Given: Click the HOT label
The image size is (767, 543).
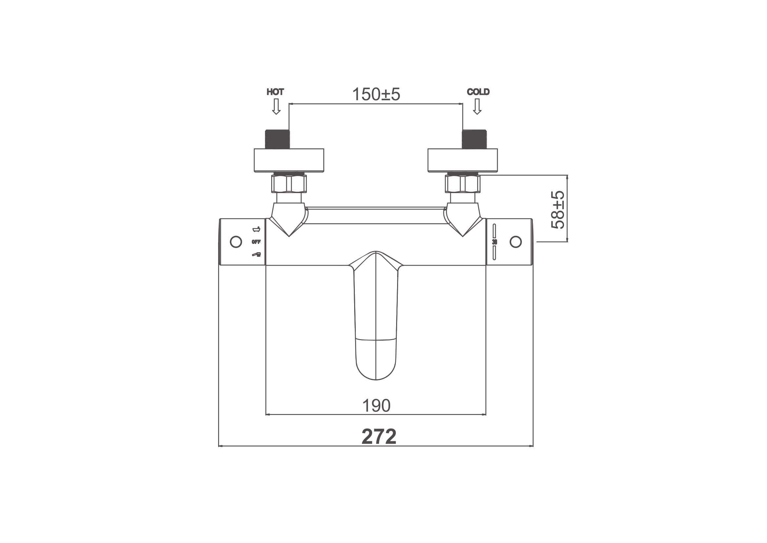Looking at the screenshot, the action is point(275,92).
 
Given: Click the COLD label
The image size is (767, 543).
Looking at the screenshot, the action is point(478,92).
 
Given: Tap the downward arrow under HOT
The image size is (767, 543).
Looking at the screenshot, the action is point(276,106).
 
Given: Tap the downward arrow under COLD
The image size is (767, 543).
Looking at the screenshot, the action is point(477,106).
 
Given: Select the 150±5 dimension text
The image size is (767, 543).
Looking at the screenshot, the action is point(376,94).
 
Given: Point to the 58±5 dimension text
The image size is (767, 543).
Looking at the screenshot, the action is point(557,210).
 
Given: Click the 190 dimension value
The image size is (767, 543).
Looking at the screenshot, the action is point(376,405).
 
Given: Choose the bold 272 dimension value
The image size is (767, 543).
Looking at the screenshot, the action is point(379,436).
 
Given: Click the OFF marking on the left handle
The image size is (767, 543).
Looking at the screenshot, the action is point(256,242).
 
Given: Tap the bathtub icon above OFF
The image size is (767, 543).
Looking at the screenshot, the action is point(256,229).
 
